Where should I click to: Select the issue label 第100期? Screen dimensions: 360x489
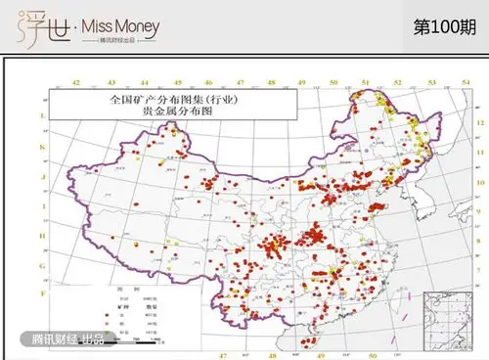pyautogui.click(x=446, y=26)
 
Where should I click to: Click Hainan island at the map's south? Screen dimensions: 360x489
pyautogui.click(x=310, y=338)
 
